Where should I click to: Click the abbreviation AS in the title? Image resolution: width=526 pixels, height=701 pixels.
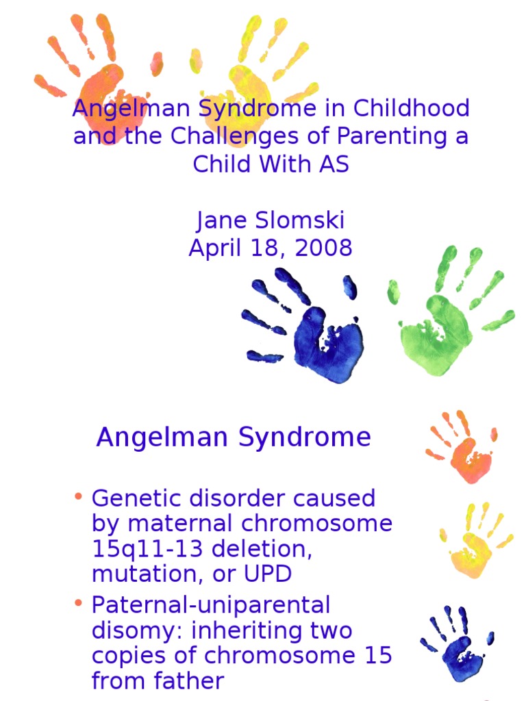334,164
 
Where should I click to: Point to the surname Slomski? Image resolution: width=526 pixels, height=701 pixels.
298,220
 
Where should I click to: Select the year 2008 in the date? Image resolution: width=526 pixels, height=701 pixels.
323,248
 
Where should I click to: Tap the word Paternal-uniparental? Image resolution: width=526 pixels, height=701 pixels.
211,605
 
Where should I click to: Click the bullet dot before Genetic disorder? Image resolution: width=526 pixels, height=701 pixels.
79,496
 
